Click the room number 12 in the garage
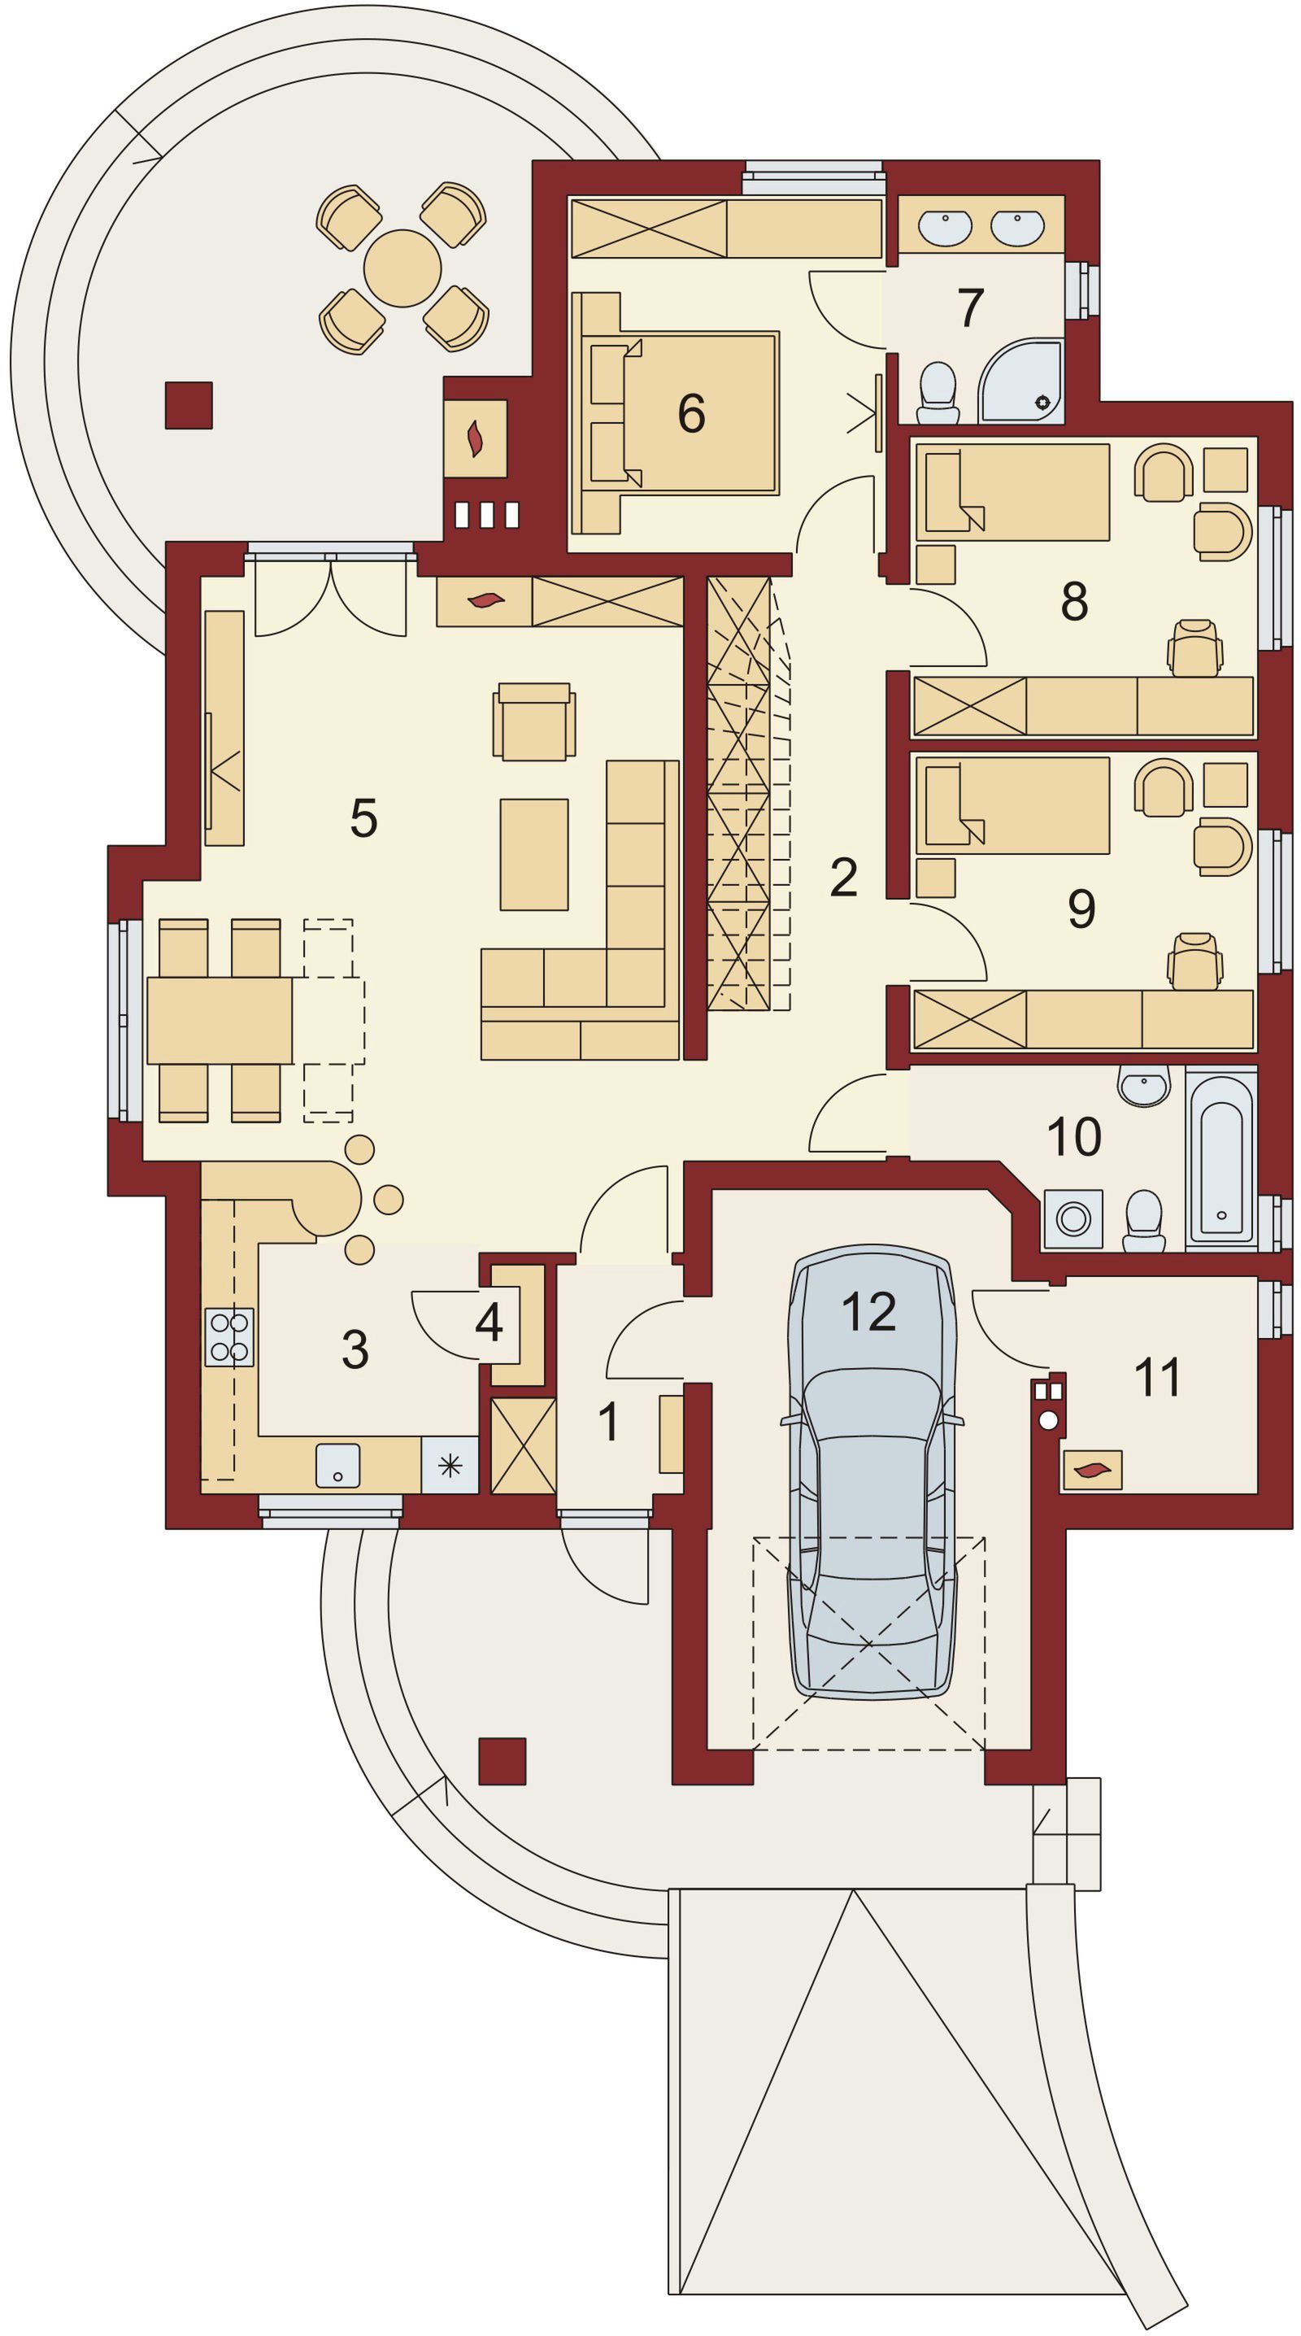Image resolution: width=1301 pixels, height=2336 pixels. [x=868, y=1311]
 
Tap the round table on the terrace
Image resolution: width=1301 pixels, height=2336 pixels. [x=402, y=268]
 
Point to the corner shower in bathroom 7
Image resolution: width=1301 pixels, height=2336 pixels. [x=1022, y=381]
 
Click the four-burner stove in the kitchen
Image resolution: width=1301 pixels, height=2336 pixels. [x=229, y=1336]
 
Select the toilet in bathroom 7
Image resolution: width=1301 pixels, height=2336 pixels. [x=938, y=394]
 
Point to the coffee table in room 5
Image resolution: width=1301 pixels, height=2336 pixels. [x=534, y=854]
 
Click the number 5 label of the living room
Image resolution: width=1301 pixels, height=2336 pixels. [x=363, y=818]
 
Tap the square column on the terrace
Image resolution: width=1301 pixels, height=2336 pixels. [x=189, y=405]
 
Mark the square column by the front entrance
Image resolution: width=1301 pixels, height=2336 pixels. [x=503, y=1761]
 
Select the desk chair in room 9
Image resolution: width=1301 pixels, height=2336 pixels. [x=1195, y=961]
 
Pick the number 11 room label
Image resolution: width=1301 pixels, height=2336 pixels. [x=1157, y=1376]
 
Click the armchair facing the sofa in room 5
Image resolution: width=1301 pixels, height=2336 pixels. [x=534, y=721]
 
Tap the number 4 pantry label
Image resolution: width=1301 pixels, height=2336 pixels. [x=489, y=1323]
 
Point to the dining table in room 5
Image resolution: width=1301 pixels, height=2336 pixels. [x=220, y=1020]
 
